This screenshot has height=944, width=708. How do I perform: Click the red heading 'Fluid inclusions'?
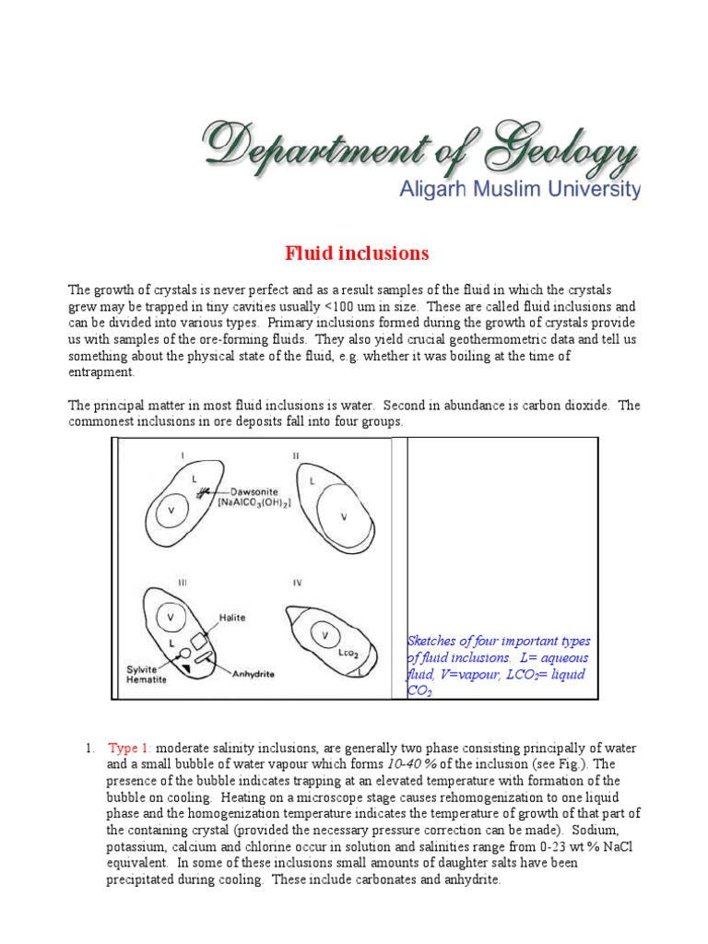point(355,252)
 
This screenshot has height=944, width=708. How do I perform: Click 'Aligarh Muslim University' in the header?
point(519,190)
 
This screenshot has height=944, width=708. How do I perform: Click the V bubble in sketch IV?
point(324,635)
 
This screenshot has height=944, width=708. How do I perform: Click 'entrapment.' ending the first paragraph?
point(102,372)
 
